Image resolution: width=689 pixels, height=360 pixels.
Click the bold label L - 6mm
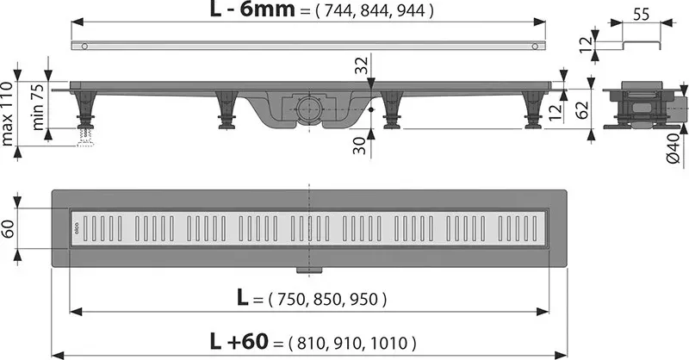tap(252, 9)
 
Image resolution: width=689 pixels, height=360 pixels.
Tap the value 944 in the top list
tap(411, 10)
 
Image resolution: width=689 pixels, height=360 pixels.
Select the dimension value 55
tap(641, 14)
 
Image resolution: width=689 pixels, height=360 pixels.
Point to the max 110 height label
tap(8, 114)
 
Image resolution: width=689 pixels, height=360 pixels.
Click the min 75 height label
tap(38, 107)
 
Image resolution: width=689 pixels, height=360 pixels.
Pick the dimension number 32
tap(361, 65)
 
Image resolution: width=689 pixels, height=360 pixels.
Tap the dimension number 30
tap(359, 146)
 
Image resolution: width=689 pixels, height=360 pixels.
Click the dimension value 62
tap(581, 110)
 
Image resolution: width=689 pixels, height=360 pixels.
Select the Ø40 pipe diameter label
tap(673, 149)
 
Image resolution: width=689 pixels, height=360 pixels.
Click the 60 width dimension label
tap(9, 228)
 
